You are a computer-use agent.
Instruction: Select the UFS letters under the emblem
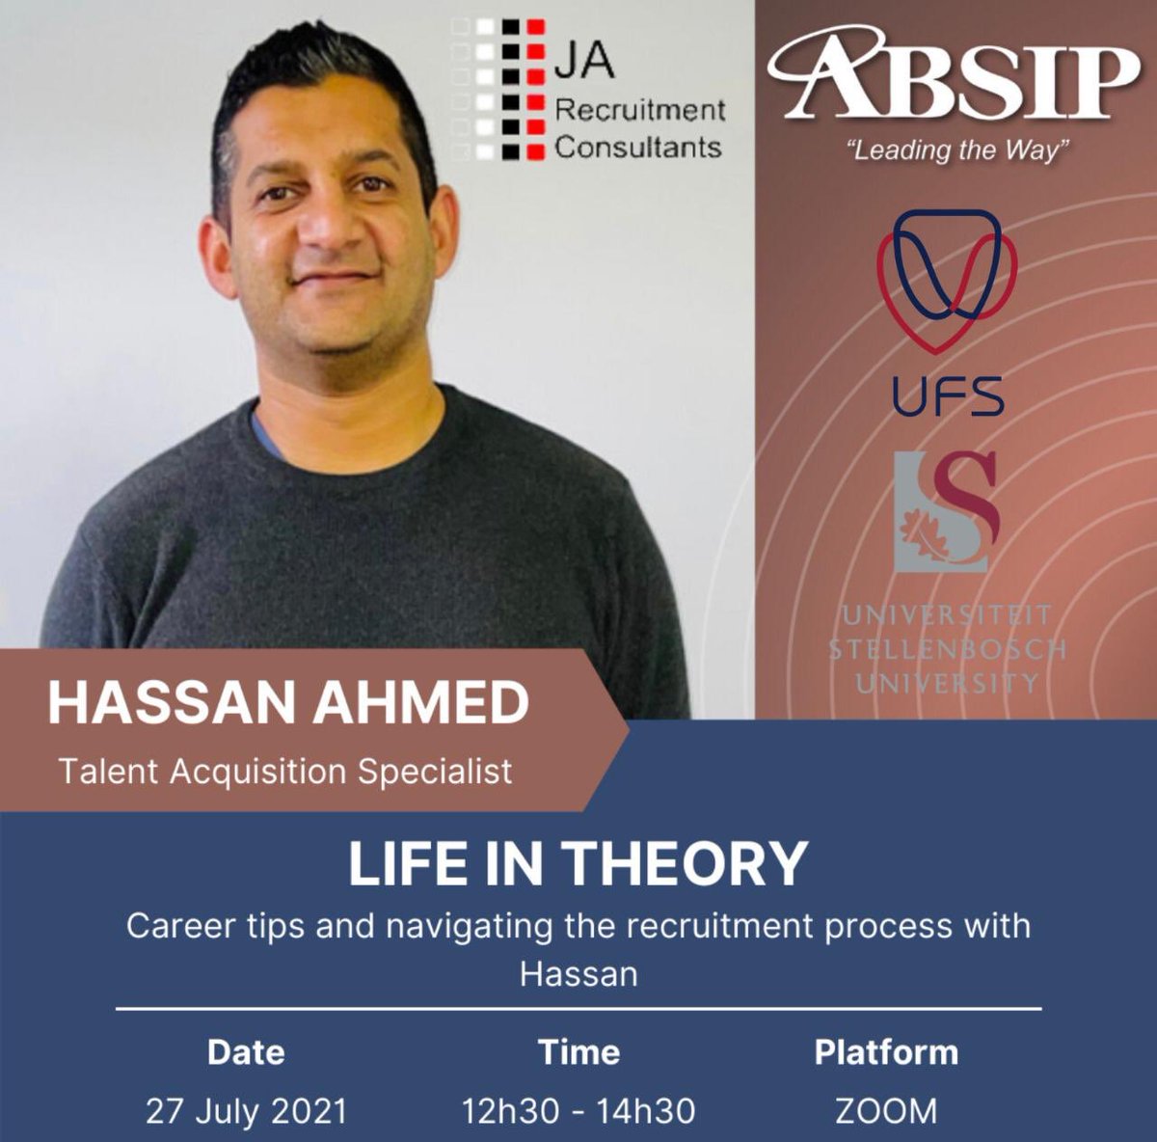coord(948,396)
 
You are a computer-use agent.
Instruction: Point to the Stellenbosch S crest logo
coord(946,511)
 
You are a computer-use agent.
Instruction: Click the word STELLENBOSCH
coord(948,648)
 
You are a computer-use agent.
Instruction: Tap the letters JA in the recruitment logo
coord(584,63)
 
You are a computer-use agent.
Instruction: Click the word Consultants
coord(638,148)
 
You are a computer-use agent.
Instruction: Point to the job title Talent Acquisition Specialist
coord(285,772)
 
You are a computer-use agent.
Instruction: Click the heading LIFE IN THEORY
coord(578,863)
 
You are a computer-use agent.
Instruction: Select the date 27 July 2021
coord(246,1111)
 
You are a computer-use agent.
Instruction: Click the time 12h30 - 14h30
coord(578,1111)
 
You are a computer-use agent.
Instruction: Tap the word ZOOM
coord(886,1111)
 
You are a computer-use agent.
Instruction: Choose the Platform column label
coord(886,1051)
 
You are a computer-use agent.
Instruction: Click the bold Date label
coord(246,1051)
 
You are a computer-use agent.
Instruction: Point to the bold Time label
coord(578,1051)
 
